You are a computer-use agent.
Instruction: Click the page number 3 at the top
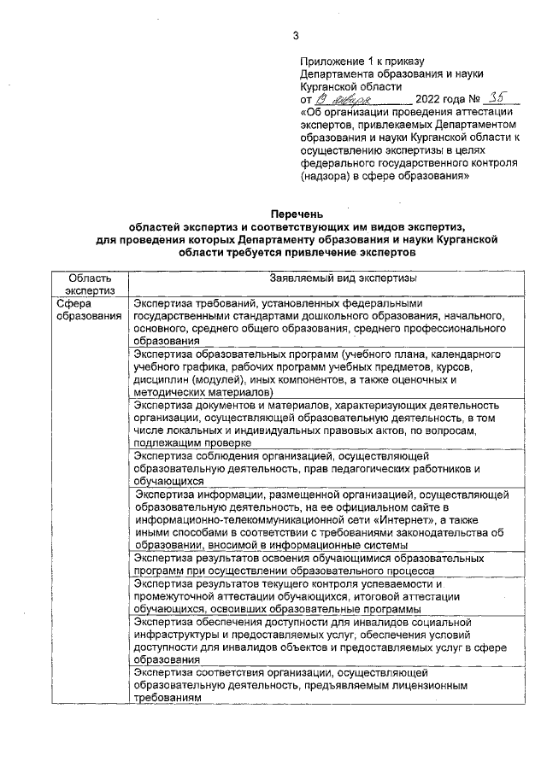[296, 36]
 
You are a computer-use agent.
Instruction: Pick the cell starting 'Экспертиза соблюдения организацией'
[315, 469]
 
